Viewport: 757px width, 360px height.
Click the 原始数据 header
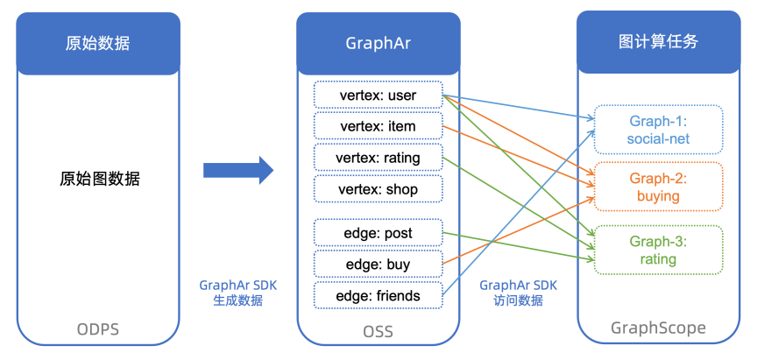pyautogui.click(x=98, y=43)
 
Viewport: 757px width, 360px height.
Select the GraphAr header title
pyautogui.click(x=378, y=43)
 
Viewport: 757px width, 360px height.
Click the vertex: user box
pyautogui.click(x=378, y=95)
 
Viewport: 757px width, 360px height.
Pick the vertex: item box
pyautogui.click(x=378, y=126)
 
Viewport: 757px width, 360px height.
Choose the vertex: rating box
pyautogui.click(x=378, y=158)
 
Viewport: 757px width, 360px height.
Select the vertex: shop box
pyautogui.click(x=378, y=189)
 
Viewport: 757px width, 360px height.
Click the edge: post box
pyautogui.click(x=378, y=233)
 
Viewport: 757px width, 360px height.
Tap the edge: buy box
pyautogui.click(x=378, y=265)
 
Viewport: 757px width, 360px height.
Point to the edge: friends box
pyautogui.click(x=378, y=296)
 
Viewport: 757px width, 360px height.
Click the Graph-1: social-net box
pyautogui.click(x=658, y=129)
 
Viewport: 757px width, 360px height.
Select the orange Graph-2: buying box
pyautogui.click(x=658, y=187)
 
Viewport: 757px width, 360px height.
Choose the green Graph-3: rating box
pyautogui.click(x=658, y=250)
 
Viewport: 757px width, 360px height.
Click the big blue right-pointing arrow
pyautogui.click(x=238, y=169)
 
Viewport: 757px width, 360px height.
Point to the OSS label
pyautogui.click(x=378, y=331)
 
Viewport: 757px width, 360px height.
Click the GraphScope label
pyautogui.click(x=658, y=329)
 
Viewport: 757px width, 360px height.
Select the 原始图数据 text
pyautogui.click(x=100, y=179)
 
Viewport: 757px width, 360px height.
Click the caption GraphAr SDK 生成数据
pyautogui.click(x=237, y=293)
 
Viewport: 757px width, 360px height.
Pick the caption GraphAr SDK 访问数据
pyautogui.click(x=518, y=293)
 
